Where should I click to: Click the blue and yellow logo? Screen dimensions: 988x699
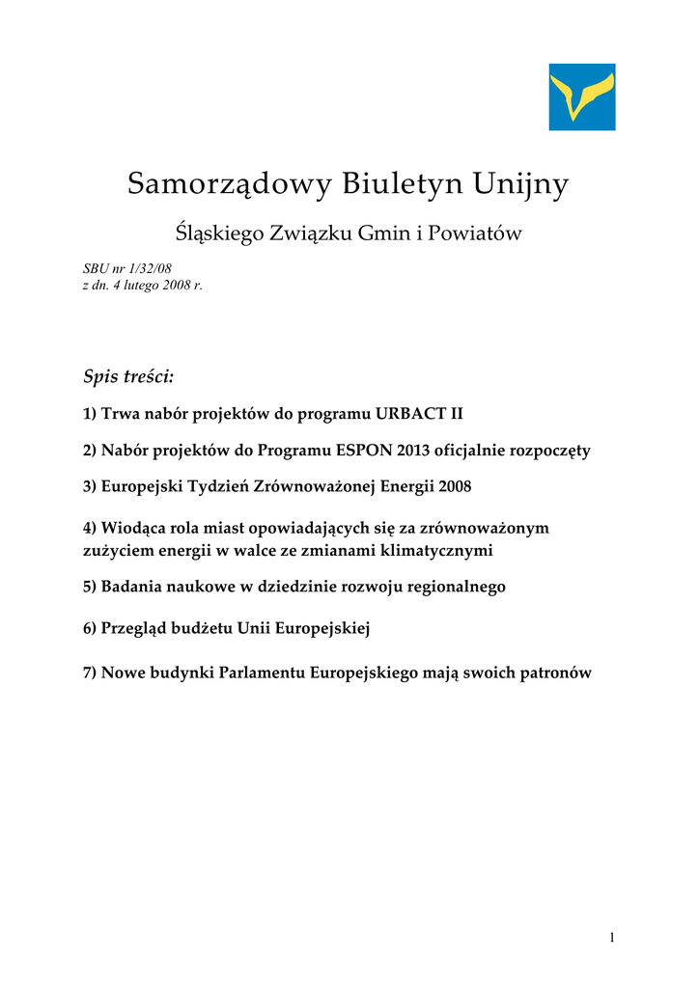pyautogui.click(x=582, y=96)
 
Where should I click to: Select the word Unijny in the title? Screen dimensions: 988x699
pyautogui.click(x=522, y=183)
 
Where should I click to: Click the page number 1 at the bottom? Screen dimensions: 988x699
pyautogui.click(x=612, y=938)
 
